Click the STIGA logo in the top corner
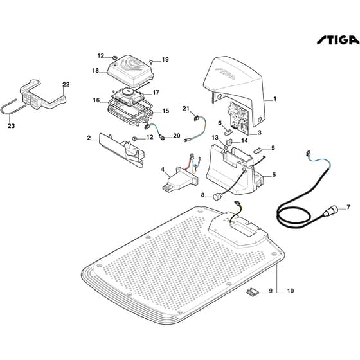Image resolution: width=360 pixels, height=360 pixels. pyautogui.click(x=338, y=40)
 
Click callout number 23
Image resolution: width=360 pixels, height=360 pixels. pyautogui.click(x=12, y=126)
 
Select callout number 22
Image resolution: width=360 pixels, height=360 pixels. pyautogui.click(x=66, y=84)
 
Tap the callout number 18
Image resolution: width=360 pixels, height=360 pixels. pyautogui.click(x=96, y=71)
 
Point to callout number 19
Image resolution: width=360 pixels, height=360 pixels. pyautogui.click(x=165, y=59)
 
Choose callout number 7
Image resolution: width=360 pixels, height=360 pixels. pyautogui.click(x=348, y=207)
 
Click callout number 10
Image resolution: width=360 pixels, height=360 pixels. pyautogui.click(x=291, y=291)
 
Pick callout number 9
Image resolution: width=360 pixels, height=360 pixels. pyautogui.click(x=271, y=291)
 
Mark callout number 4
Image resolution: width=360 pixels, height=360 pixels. pyautogui.click(x=163, y=170)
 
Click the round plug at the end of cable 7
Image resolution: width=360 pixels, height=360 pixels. pyautogui.click(x=330, y=212)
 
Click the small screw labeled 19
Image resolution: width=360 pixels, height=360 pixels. pyautogui.click(x=151, y=61)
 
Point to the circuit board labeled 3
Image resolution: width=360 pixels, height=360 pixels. pyautogui.click(x=239, y=118)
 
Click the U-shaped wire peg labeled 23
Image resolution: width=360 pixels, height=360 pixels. pyautogui.click(x=14, y=107)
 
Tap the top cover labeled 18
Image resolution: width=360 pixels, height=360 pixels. pyautogui.click(x=130, y=68)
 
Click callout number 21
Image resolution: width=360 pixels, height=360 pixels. pyautogui.click(x=186, y=108)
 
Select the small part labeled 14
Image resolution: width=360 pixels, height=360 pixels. pyautogui.click(x=230, y=141)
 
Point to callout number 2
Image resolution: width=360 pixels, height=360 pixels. pyautogui.click(x=89, y=138)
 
